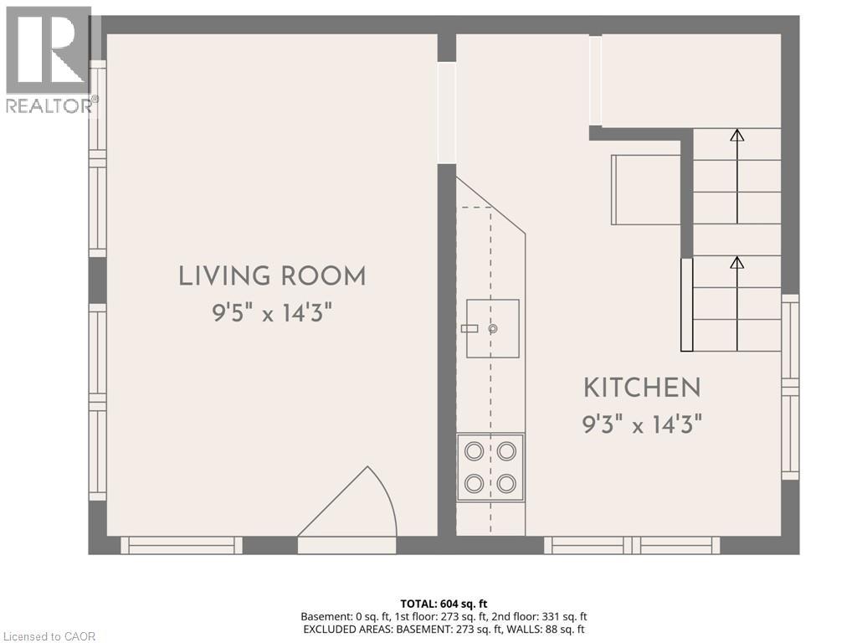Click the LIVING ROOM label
tap(272, 276)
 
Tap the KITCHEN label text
tap(641, 388)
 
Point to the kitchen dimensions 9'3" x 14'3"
tap(641, 424)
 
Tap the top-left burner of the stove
tap(474, 451)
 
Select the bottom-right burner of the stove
tap(505, 483)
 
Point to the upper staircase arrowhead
tap(736, 135)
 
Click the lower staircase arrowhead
tap(736, 263)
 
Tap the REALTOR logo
tap(49, 59)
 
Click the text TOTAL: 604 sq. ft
tap(444, 604)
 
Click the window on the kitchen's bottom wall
tap(632, 546)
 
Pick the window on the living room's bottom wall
tap(182, 546)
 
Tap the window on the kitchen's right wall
tap(790, 387)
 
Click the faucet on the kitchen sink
tap(470, 329)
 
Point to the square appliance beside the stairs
tap(645, 189)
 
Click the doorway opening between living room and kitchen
tap(447, 113)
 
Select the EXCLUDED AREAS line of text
tap(444, 629)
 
